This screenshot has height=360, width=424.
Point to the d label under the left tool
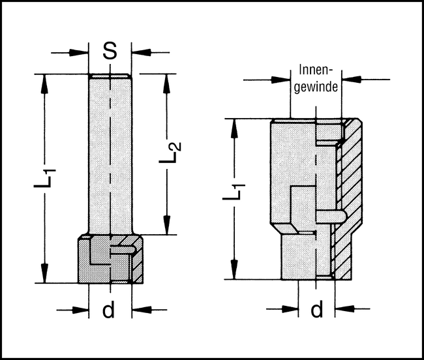109,310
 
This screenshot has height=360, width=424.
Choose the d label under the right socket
316,309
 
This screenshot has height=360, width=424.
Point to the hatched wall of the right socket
349,196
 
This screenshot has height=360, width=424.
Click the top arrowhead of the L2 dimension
168,81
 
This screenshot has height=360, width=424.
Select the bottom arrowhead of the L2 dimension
168,228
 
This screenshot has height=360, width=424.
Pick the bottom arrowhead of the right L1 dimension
234,274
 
